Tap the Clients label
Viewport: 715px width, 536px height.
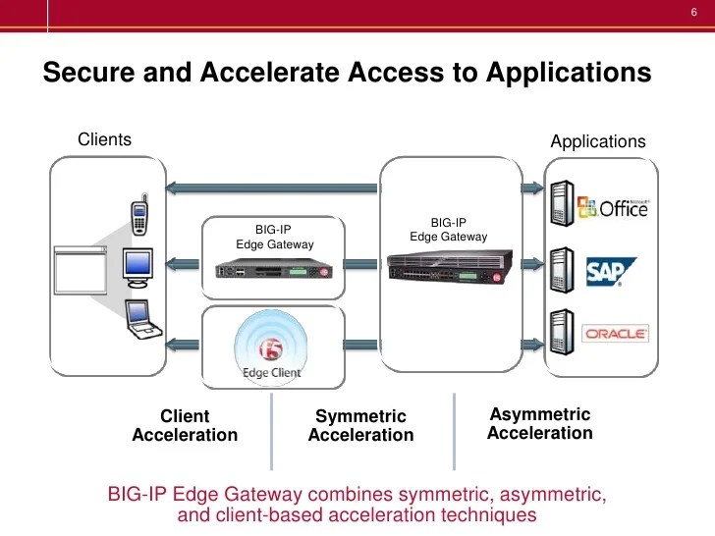click(104, 139)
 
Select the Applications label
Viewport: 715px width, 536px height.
click(598, 141)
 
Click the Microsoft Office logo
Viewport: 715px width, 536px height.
click(613, 209)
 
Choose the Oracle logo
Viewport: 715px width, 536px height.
click(616, 334)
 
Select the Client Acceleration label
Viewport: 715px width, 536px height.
click(185, 425)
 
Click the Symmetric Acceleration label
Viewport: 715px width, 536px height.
click(360, 426)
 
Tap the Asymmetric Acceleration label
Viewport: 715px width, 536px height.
click(539, 424)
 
